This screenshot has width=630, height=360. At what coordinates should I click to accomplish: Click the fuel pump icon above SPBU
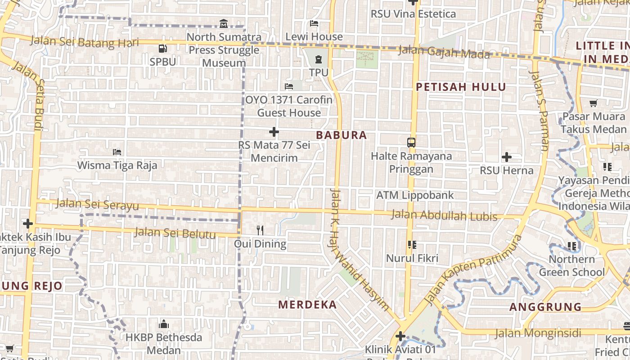click(x=162, y=48)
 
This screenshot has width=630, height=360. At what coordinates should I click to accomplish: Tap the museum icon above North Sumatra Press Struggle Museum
click(x=224, y=23)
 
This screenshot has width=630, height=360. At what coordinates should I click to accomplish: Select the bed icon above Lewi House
click(x=314, y=23)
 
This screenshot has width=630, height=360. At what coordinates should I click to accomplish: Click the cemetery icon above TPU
click(x=319, y=59)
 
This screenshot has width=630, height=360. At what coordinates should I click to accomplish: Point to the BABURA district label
click(x=342, y=135)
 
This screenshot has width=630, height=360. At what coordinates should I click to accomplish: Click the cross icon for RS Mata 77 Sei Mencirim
click(x=274, y=132)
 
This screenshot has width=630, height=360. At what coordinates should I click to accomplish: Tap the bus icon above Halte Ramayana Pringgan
click(x=411, y=143)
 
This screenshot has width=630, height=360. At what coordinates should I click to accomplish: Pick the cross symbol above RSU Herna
click(x=507, y=157)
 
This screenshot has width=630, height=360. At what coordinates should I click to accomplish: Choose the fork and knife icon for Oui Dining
click(x=260, y=230)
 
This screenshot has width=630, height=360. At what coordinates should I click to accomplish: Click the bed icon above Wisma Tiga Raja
click(x=117, y=152)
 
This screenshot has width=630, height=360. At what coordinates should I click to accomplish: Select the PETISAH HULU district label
click(x=461, y=87)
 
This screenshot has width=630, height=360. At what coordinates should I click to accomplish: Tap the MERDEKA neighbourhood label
click(x=307, y=305)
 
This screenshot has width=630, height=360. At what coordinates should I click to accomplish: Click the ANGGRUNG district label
click(x=545, y=307)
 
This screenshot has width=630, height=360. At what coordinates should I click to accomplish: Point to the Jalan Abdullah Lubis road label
click(x=444, y=216)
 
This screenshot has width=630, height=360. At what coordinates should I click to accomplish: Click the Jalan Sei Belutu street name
click(x=175, y=233)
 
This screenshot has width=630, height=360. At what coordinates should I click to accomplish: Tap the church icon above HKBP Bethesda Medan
click(x=163, y=324)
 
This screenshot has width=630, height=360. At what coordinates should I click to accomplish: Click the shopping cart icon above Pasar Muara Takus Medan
click(x=594, y=103)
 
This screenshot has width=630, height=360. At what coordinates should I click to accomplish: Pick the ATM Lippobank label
click(x=415, y=195)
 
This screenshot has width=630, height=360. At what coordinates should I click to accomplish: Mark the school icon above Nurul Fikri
click(x=412, y=245)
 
